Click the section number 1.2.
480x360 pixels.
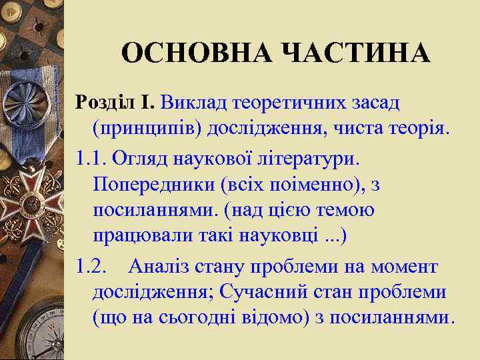point(91,267)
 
